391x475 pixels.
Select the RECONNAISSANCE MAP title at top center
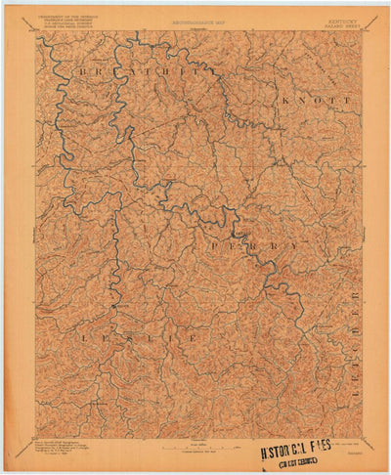click(x=195, y=18)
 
